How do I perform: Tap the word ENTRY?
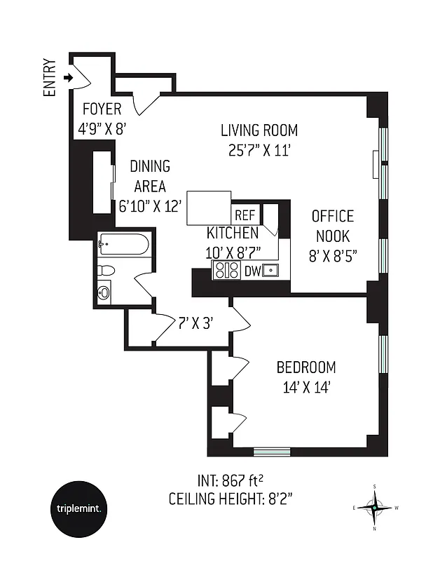(x=50, y=77)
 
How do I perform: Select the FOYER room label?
(x=102, y=109)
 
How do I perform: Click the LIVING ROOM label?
(x=259, y=130)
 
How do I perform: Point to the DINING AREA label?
(x=150, y=176)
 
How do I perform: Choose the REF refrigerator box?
(x=245, y=215)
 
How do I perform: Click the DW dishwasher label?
(x=252, y=271)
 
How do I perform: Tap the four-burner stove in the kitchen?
(x=226, y=271)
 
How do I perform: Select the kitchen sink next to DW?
(x=272, y=271)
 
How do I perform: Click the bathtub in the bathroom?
(x=123, y=245)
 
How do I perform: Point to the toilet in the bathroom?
(x=107, y=270)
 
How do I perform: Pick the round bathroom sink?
(x=104, y=292)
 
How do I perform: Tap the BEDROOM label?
(x=305, y=367)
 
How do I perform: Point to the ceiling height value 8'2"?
(x=277, y=499)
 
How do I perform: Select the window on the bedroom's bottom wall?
(x=271, y=451)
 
